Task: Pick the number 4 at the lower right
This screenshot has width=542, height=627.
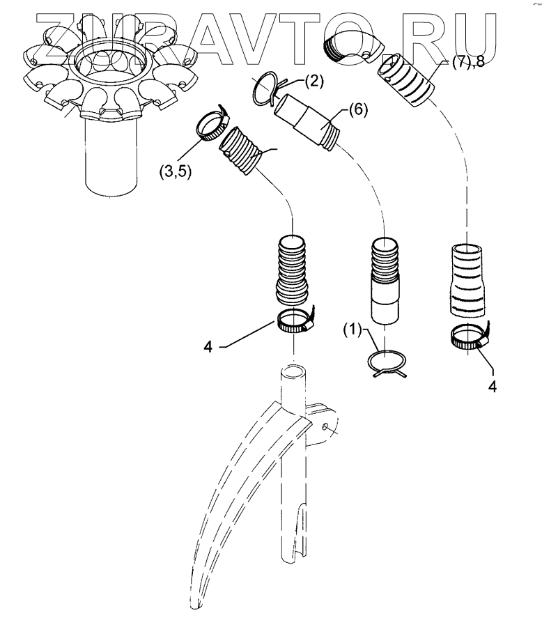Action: [494, 384]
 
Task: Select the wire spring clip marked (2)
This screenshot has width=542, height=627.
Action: [266, 90]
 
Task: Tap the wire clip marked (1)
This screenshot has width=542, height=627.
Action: [386, 364]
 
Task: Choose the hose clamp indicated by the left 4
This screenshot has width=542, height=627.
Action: [295, 321]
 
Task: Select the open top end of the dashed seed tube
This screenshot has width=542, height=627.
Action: [293, 369]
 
